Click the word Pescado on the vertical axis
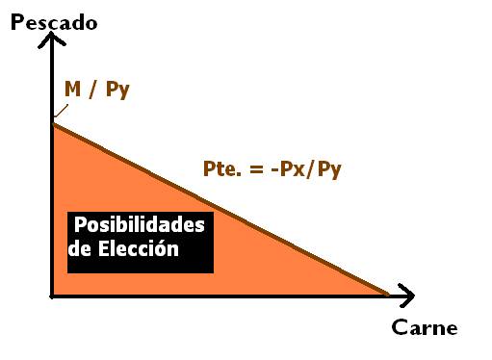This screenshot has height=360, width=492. coord(54,22)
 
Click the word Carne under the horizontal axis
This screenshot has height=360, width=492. coord(425,327)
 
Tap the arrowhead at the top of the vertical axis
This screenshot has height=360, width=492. coord(52,39)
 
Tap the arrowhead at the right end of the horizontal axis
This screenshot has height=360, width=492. coord(405,296)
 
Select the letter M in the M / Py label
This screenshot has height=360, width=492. coord(72,89)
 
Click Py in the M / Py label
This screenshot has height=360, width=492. coord(117,90)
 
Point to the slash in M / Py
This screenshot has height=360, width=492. coord(92,90)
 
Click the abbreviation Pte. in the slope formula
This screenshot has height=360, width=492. coord(222,168)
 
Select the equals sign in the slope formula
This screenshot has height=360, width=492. coord(257,169)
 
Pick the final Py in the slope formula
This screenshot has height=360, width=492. coord(329,170)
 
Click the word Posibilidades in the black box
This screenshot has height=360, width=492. coord(140,225)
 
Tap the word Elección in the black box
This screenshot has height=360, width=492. coord(139,248)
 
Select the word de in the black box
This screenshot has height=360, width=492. coord(80,248)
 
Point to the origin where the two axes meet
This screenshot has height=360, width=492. coord(52,296)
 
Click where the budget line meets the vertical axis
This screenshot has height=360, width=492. coord(53,124)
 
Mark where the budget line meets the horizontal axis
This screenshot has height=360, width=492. coord(388,295)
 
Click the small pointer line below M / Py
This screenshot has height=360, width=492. coord(61,111)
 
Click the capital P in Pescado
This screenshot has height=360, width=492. coord(17,22)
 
